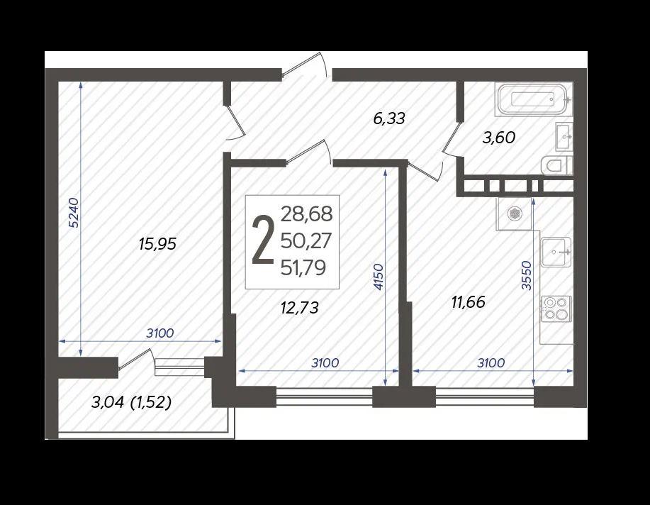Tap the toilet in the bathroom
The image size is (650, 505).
pyautogui.click(x=557, y=167)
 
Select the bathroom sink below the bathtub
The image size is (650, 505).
pyautogui.click(x=564, y=136)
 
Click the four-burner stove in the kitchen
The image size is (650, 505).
pyautogui.click(x=556, y=309)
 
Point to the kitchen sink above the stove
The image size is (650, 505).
pyautogui.click(x=556, y=252)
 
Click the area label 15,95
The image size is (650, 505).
pyautogui.click(x=157, y=244)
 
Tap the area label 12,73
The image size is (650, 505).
pyautogui.click(x=300, y=308)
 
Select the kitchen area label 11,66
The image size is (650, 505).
pyautogui.click(x=469, y=302)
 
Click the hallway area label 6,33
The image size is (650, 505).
pyautogui.click(x=389, y=118)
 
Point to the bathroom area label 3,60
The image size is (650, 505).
pyautogui.click(x=499, y=137)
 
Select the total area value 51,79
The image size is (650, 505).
pyautogui.click(x=303, y=267)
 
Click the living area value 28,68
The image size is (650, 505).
pyautogui.click(x=307, y=214)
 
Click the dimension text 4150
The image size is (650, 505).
pyautogui.click(x=379, y=277)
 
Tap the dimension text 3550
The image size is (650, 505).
pyautogui.click(x=526, y=275)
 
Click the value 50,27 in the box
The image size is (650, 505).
pyautogui.click(x=306, y=240)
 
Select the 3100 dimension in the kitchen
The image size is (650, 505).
pyautogui.click(x=491, y=363)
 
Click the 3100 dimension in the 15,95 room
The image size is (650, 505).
pyautogui.click(x=160, y=333)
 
